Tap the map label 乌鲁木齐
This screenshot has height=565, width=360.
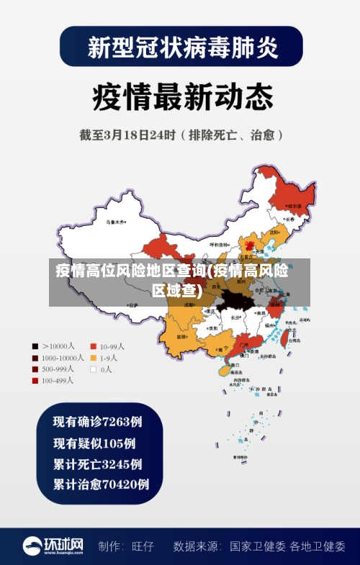tap(115, 222)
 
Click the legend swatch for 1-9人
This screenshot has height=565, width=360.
tap(93, 358)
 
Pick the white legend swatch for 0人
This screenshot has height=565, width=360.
tap(93, 369)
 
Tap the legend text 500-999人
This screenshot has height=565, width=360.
tap(63, 369)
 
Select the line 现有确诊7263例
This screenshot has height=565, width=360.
tap(97, 421)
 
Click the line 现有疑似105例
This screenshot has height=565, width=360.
tap(94, 443)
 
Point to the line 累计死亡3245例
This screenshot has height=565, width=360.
tap(97, 464)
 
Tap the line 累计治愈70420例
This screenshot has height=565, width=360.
tap(101, 484)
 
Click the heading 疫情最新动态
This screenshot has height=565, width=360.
tap(182, 96)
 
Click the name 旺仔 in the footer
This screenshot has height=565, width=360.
tap(143, 546)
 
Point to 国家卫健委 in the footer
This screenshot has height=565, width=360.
tap(257, 546)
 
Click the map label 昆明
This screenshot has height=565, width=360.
tap(181, 336)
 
